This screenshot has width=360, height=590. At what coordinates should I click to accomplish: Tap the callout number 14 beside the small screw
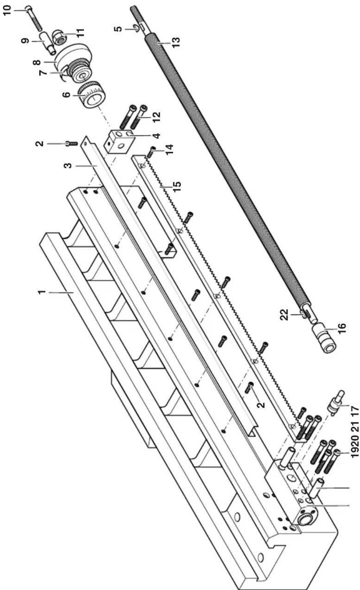pos(170,147)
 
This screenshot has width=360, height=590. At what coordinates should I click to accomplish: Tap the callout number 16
pos(341,327)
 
